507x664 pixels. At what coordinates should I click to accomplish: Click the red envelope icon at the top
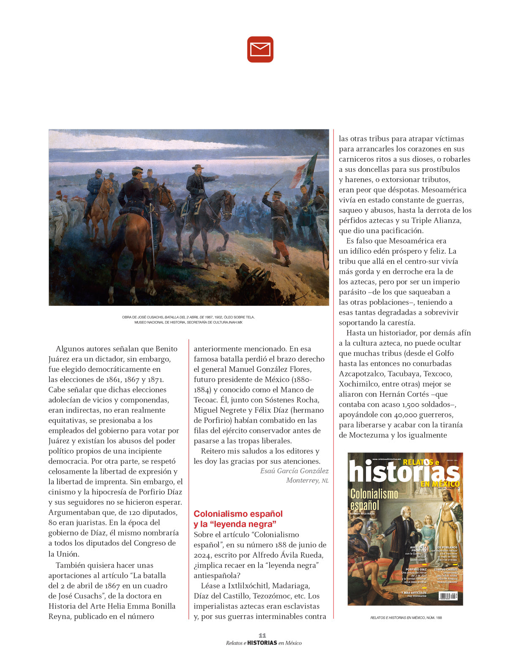260,49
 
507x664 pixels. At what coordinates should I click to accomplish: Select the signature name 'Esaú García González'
294,471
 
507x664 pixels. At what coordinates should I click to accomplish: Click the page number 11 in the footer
262,635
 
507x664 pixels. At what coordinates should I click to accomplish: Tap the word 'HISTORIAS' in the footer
262,643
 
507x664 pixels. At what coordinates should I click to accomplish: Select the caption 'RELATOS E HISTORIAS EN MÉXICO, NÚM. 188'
406,618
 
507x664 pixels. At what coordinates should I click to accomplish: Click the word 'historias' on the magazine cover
404,472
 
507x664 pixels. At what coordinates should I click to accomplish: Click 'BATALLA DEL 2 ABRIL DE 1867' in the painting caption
188,317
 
